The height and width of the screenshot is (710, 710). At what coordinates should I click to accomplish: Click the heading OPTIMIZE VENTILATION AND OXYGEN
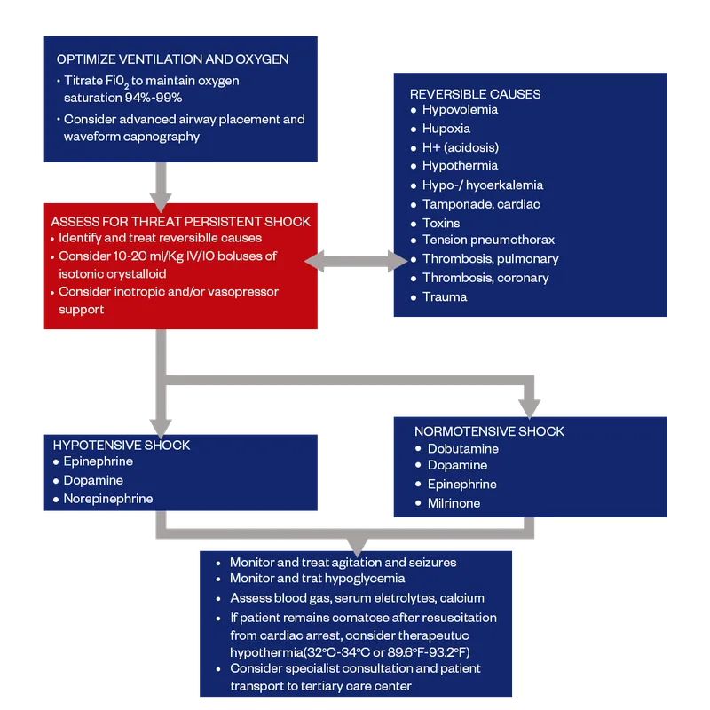172,59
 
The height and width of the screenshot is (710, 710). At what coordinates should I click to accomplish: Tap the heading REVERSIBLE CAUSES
475,93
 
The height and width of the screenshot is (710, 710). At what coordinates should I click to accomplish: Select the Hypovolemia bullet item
460,110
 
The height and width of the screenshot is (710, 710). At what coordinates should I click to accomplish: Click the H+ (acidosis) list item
460,147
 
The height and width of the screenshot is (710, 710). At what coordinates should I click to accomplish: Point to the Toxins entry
441,223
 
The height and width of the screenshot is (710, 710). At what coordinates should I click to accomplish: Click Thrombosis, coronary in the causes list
485,278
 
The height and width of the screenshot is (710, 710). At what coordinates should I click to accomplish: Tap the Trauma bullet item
445,296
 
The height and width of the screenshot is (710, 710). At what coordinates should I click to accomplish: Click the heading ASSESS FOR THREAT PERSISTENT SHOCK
180,221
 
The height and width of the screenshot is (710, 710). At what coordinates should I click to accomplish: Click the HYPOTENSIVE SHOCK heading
122,445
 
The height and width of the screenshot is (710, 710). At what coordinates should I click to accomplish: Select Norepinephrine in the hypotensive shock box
107,499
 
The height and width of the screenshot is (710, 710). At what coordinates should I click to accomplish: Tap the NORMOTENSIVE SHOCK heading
489,431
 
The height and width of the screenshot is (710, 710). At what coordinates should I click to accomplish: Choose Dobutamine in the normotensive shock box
462,449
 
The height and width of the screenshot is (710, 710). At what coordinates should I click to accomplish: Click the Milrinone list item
454,503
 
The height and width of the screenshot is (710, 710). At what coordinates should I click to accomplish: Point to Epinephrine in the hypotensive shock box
98,461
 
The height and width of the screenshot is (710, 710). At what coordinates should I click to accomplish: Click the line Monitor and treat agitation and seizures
343,563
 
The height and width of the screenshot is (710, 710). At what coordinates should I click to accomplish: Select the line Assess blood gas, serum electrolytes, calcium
357,598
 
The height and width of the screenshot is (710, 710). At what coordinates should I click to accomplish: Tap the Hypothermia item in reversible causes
460,166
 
